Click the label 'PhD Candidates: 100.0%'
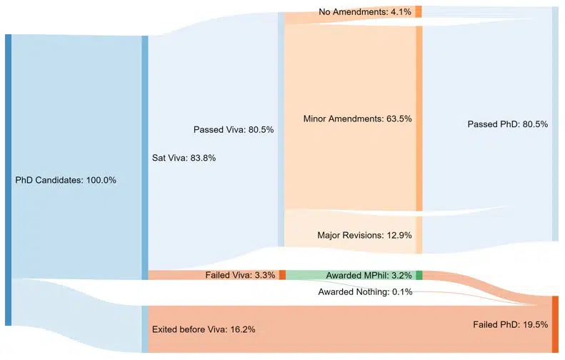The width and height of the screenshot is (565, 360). pyautogui.click(x=66, y=180)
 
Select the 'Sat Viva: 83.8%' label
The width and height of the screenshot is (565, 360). pyautogui.click(x=184, y=158)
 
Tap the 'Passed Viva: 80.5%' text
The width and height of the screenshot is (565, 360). pyautogui.click(x=233, y=130)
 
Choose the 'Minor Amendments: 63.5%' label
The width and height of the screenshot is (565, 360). pyautogui.click(x=357, y=119)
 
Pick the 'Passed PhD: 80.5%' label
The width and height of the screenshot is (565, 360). pyautogui.click(x=507, y=124)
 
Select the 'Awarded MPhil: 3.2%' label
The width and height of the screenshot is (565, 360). pyautogui.click(x=369, y=275)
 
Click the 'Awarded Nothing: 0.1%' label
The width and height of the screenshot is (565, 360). pyautogui.click(x=365, y=291)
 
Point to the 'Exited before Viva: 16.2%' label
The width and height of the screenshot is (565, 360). pyautogui.click(x=204, y=329)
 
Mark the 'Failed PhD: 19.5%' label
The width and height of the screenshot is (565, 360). pyautogui.click(x=510, y=324)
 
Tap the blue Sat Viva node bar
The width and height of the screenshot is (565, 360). pyautogui.click(x=145, y=158)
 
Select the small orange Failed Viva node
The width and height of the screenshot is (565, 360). pyautogui.click(x=282, y=275)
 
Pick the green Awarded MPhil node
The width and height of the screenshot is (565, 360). pyautogui.click(x=419, y=275)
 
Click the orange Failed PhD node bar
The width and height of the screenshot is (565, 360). pyautogui.click(x=555, y=324)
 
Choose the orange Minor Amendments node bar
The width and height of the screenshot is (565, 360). pyautogui.click(x=419, y=118)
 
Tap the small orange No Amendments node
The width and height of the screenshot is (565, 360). pyautogui.click(x=419, y=11)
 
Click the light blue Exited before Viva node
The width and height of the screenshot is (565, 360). pyautogui.click(x=145, y=329)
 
